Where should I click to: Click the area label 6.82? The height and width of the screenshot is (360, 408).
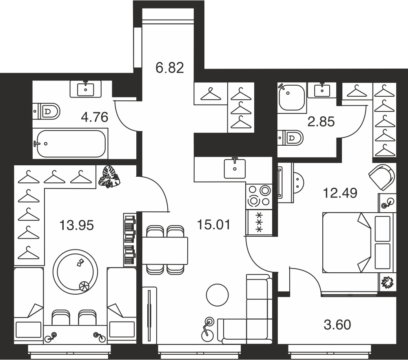170,68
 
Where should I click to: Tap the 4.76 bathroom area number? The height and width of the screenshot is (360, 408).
95,117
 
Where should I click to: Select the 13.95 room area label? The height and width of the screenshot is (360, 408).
77,225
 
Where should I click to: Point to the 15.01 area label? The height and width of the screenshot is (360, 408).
214,224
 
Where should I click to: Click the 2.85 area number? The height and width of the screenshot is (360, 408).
321,122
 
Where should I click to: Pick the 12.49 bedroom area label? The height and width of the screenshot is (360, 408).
340,193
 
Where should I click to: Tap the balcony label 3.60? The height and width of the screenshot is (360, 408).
337,325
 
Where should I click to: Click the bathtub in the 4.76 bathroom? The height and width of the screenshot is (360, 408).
71,143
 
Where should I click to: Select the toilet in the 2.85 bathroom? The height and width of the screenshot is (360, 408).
290,138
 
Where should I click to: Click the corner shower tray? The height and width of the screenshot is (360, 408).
291,98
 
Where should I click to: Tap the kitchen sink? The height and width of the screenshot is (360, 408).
235,168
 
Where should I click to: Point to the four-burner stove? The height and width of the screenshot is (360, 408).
259,196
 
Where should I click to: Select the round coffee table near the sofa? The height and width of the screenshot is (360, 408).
217,295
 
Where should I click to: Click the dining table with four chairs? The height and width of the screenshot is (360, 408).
165,250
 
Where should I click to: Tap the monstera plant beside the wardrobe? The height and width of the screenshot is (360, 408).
109,177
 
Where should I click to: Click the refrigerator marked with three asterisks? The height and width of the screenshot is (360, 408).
259,222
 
